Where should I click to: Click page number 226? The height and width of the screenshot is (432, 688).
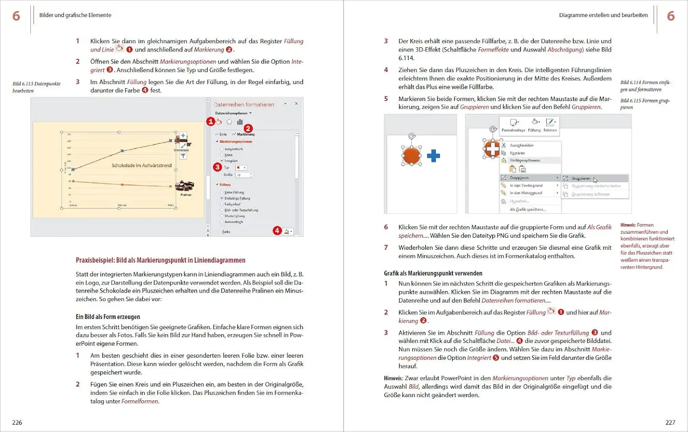point(17,422)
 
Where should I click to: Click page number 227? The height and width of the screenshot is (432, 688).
point(670,422)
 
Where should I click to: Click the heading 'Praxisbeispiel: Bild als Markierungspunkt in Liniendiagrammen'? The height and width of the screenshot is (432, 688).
point(160,260)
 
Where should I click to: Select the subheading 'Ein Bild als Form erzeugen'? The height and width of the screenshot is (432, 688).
point(108,317)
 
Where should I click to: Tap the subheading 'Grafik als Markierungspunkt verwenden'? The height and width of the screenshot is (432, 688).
point(433,273)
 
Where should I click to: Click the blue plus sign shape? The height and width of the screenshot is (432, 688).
point(433,156)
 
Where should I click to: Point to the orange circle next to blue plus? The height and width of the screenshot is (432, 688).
point(411,156)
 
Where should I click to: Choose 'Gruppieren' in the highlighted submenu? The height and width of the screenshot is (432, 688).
point(581,179)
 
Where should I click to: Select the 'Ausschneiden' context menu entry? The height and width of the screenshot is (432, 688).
point(522,145)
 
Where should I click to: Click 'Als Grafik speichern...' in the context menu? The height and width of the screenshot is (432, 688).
point(527,209)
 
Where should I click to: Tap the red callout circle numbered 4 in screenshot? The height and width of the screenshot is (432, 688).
point(277,230)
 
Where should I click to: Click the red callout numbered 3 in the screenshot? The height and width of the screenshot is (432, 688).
point(217,167)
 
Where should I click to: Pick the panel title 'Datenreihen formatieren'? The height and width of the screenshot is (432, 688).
point(244,105)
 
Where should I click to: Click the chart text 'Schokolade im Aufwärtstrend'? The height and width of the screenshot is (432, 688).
point(141,165)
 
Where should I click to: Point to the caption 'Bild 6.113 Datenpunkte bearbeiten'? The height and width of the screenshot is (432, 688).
point(36,87)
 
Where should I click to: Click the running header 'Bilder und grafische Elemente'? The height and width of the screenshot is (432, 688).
point(75,15)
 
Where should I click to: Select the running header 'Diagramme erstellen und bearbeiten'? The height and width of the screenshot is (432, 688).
point(603,15)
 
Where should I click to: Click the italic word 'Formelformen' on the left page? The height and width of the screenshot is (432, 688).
point(140,401)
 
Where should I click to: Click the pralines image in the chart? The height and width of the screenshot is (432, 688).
point(185,186)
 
